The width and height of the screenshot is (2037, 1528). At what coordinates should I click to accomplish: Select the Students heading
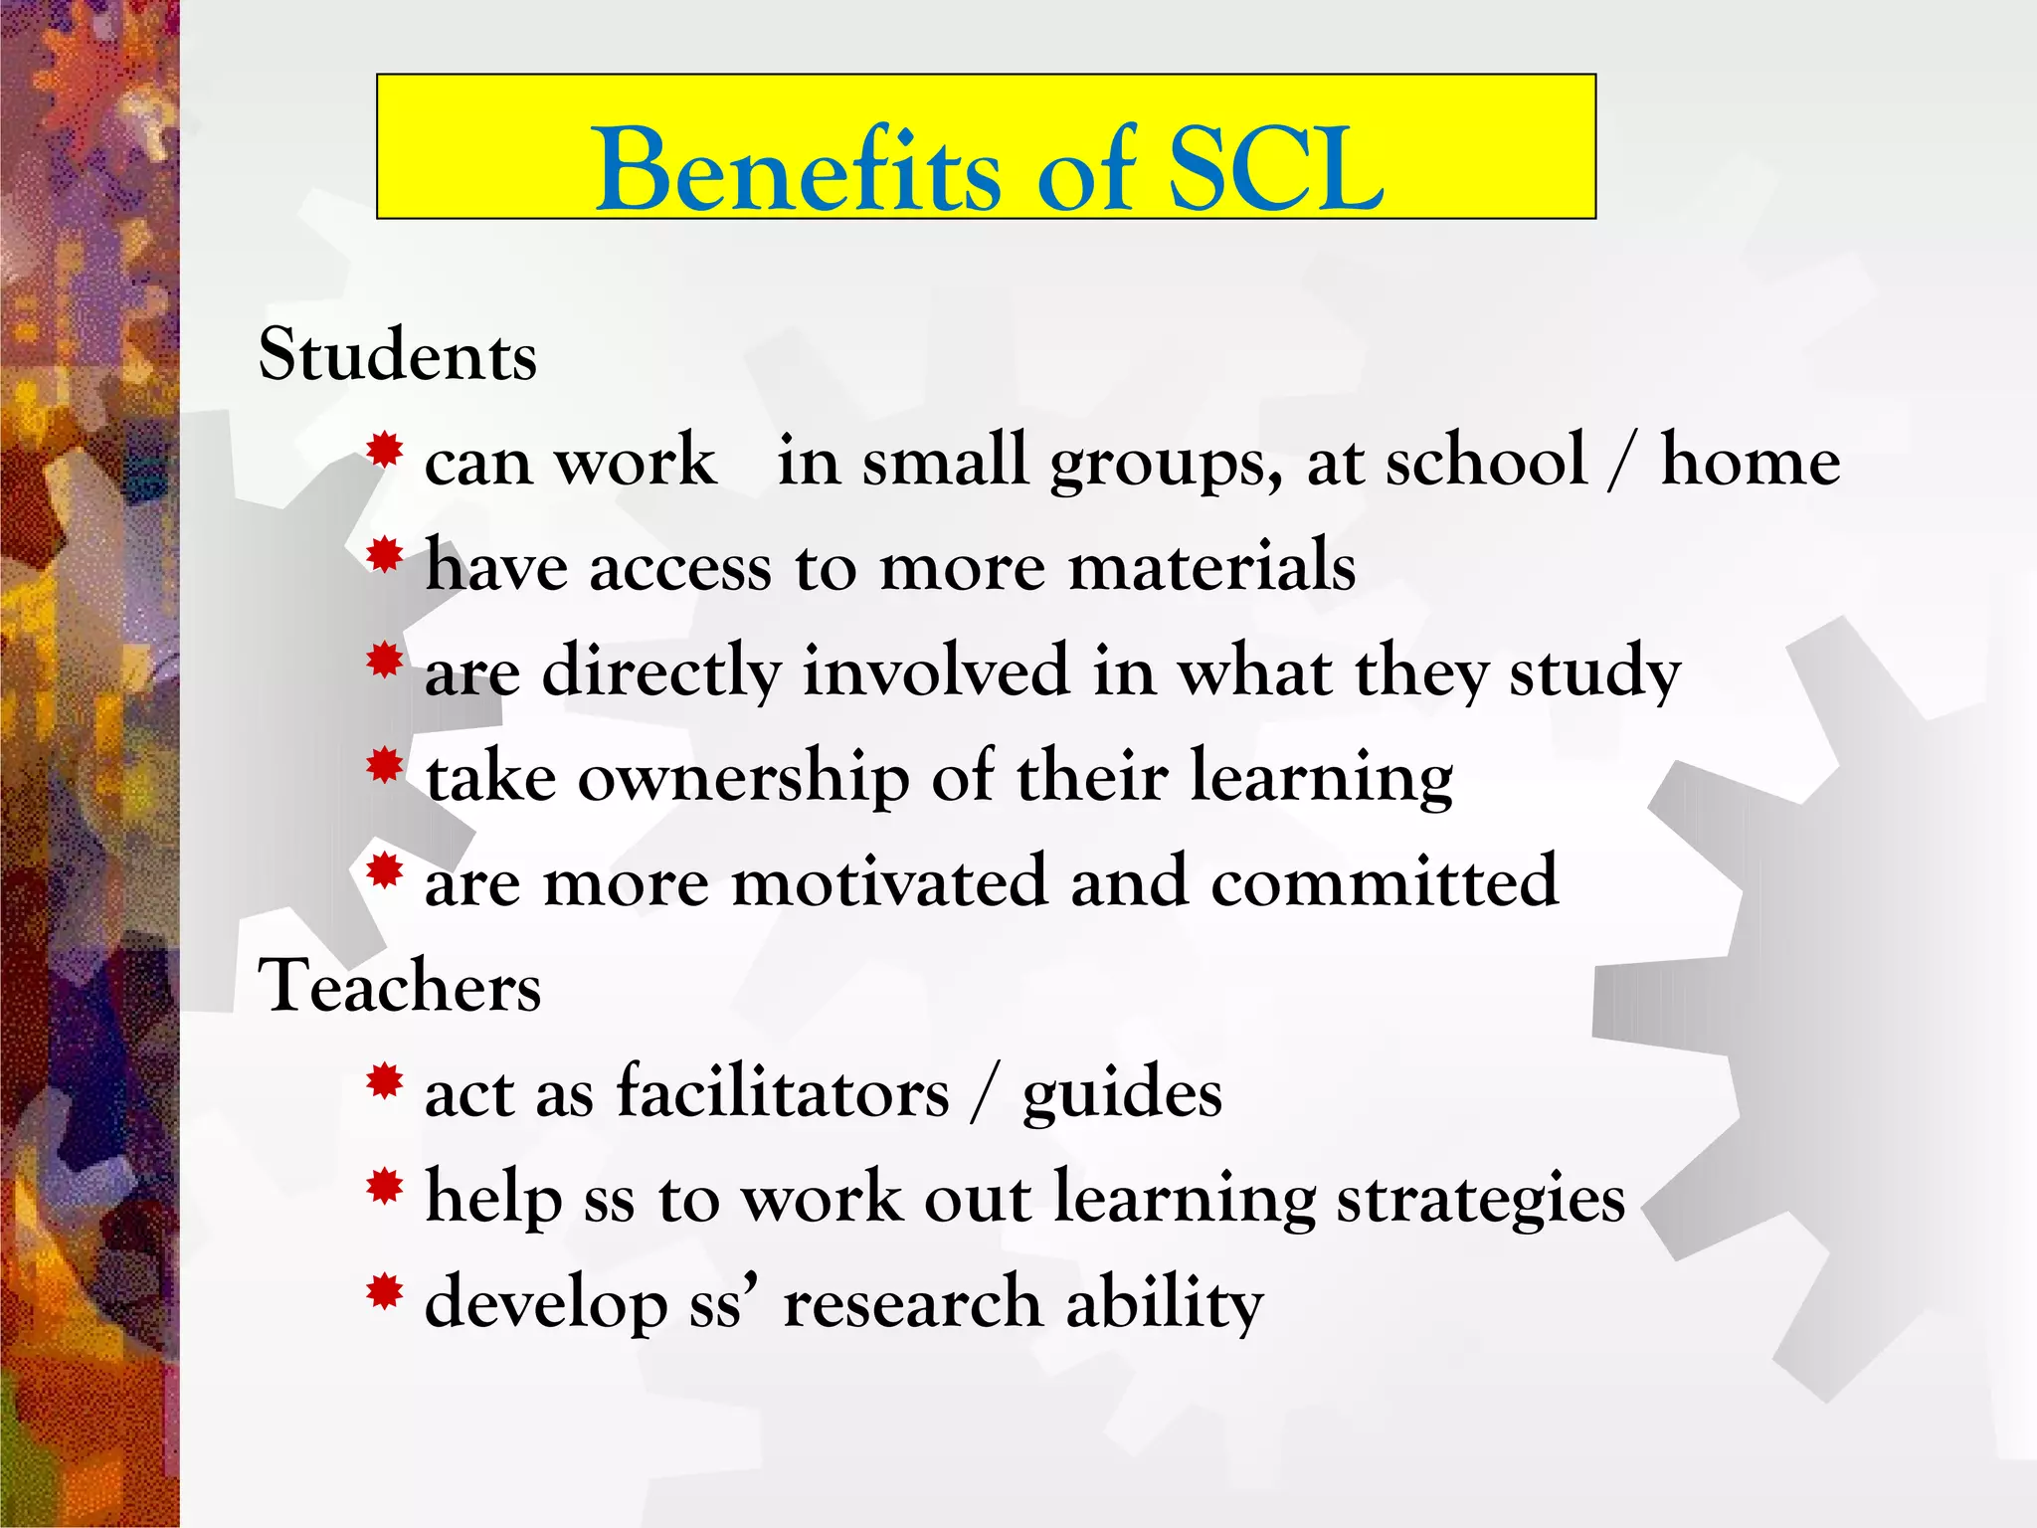(398, 355)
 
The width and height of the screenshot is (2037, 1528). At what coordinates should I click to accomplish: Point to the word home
(1751, 462)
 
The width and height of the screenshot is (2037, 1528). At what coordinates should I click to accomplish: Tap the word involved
(935, 670)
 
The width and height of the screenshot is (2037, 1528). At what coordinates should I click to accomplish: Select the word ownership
(743, 778)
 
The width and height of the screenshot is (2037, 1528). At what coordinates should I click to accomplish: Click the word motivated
(889, 882)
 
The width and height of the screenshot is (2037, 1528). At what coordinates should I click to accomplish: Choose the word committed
(1384, 882)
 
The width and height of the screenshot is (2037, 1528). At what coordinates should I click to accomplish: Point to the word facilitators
(783, 1092)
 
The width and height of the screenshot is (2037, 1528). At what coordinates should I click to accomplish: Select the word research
(912, 1303)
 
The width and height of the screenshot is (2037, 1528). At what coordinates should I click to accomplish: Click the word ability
(1165, 1303)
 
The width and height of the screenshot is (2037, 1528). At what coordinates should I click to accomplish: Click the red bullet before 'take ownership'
(384, 767)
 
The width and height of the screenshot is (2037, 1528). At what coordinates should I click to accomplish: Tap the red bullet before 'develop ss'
(384, 1291)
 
